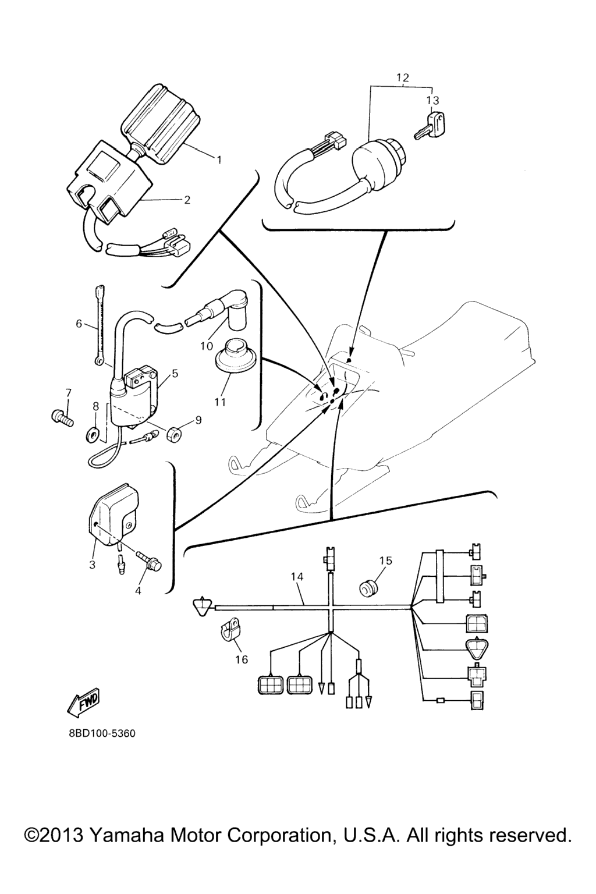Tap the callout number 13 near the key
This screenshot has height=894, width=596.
click(432, 100)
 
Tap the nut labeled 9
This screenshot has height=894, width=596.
click(173, 433)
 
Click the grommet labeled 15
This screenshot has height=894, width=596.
click(367, 589)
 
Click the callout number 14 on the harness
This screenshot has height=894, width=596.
click(297, 576)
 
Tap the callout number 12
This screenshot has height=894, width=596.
click(403, 77)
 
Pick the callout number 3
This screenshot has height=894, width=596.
click(92, 565)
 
